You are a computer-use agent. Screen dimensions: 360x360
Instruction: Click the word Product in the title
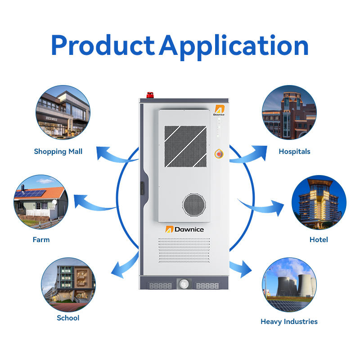click(x=102, y=45)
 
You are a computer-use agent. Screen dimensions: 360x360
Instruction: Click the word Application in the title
click(x=234, y=46)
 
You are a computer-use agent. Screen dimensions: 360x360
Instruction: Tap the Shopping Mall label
click(x=58, y=152)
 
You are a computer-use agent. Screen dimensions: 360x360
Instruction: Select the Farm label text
click(x=41, y=240)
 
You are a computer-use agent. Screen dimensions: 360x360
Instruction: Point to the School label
click(x=68, y=318)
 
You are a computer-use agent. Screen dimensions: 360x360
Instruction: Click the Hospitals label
click(x=294, y=152)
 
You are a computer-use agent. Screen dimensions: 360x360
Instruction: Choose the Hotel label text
click(x=319, y=240)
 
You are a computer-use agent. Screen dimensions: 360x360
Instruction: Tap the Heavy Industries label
click(x=289, y=322)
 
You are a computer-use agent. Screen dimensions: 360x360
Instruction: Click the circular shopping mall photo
click(x=63, y=112)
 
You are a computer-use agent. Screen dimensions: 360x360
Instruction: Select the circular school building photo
click(x=68, y=284)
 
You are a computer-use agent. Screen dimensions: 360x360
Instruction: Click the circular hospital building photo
click(x=289, y=112)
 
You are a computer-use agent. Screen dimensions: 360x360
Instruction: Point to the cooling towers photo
click(x=289, y=284)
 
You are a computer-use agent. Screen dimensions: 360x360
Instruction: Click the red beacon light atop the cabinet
click(x=150, y=94)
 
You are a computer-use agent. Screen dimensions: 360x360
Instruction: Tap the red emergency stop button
click(x=219, y=154)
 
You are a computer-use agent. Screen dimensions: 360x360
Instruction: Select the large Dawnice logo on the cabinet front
click(x=184, y=229)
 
